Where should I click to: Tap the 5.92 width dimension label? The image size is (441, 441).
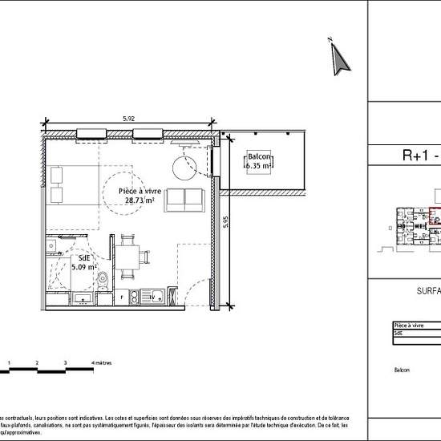click(128, 119)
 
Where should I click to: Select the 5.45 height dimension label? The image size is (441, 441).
click(227, 221)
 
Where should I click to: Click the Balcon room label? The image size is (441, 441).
click(259, 156)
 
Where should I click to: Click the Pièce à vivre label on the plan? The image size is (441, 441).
click(140, 191)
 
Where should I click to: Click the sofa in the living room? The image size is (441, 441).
click(184, 200)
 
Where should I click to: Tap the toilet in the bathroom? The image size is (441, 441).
click(103, 279)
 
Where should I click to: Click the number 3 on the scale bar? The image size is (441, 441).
click(65, 363)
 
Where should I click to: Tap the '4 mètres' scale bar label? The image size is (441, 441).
click(103, 363)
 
